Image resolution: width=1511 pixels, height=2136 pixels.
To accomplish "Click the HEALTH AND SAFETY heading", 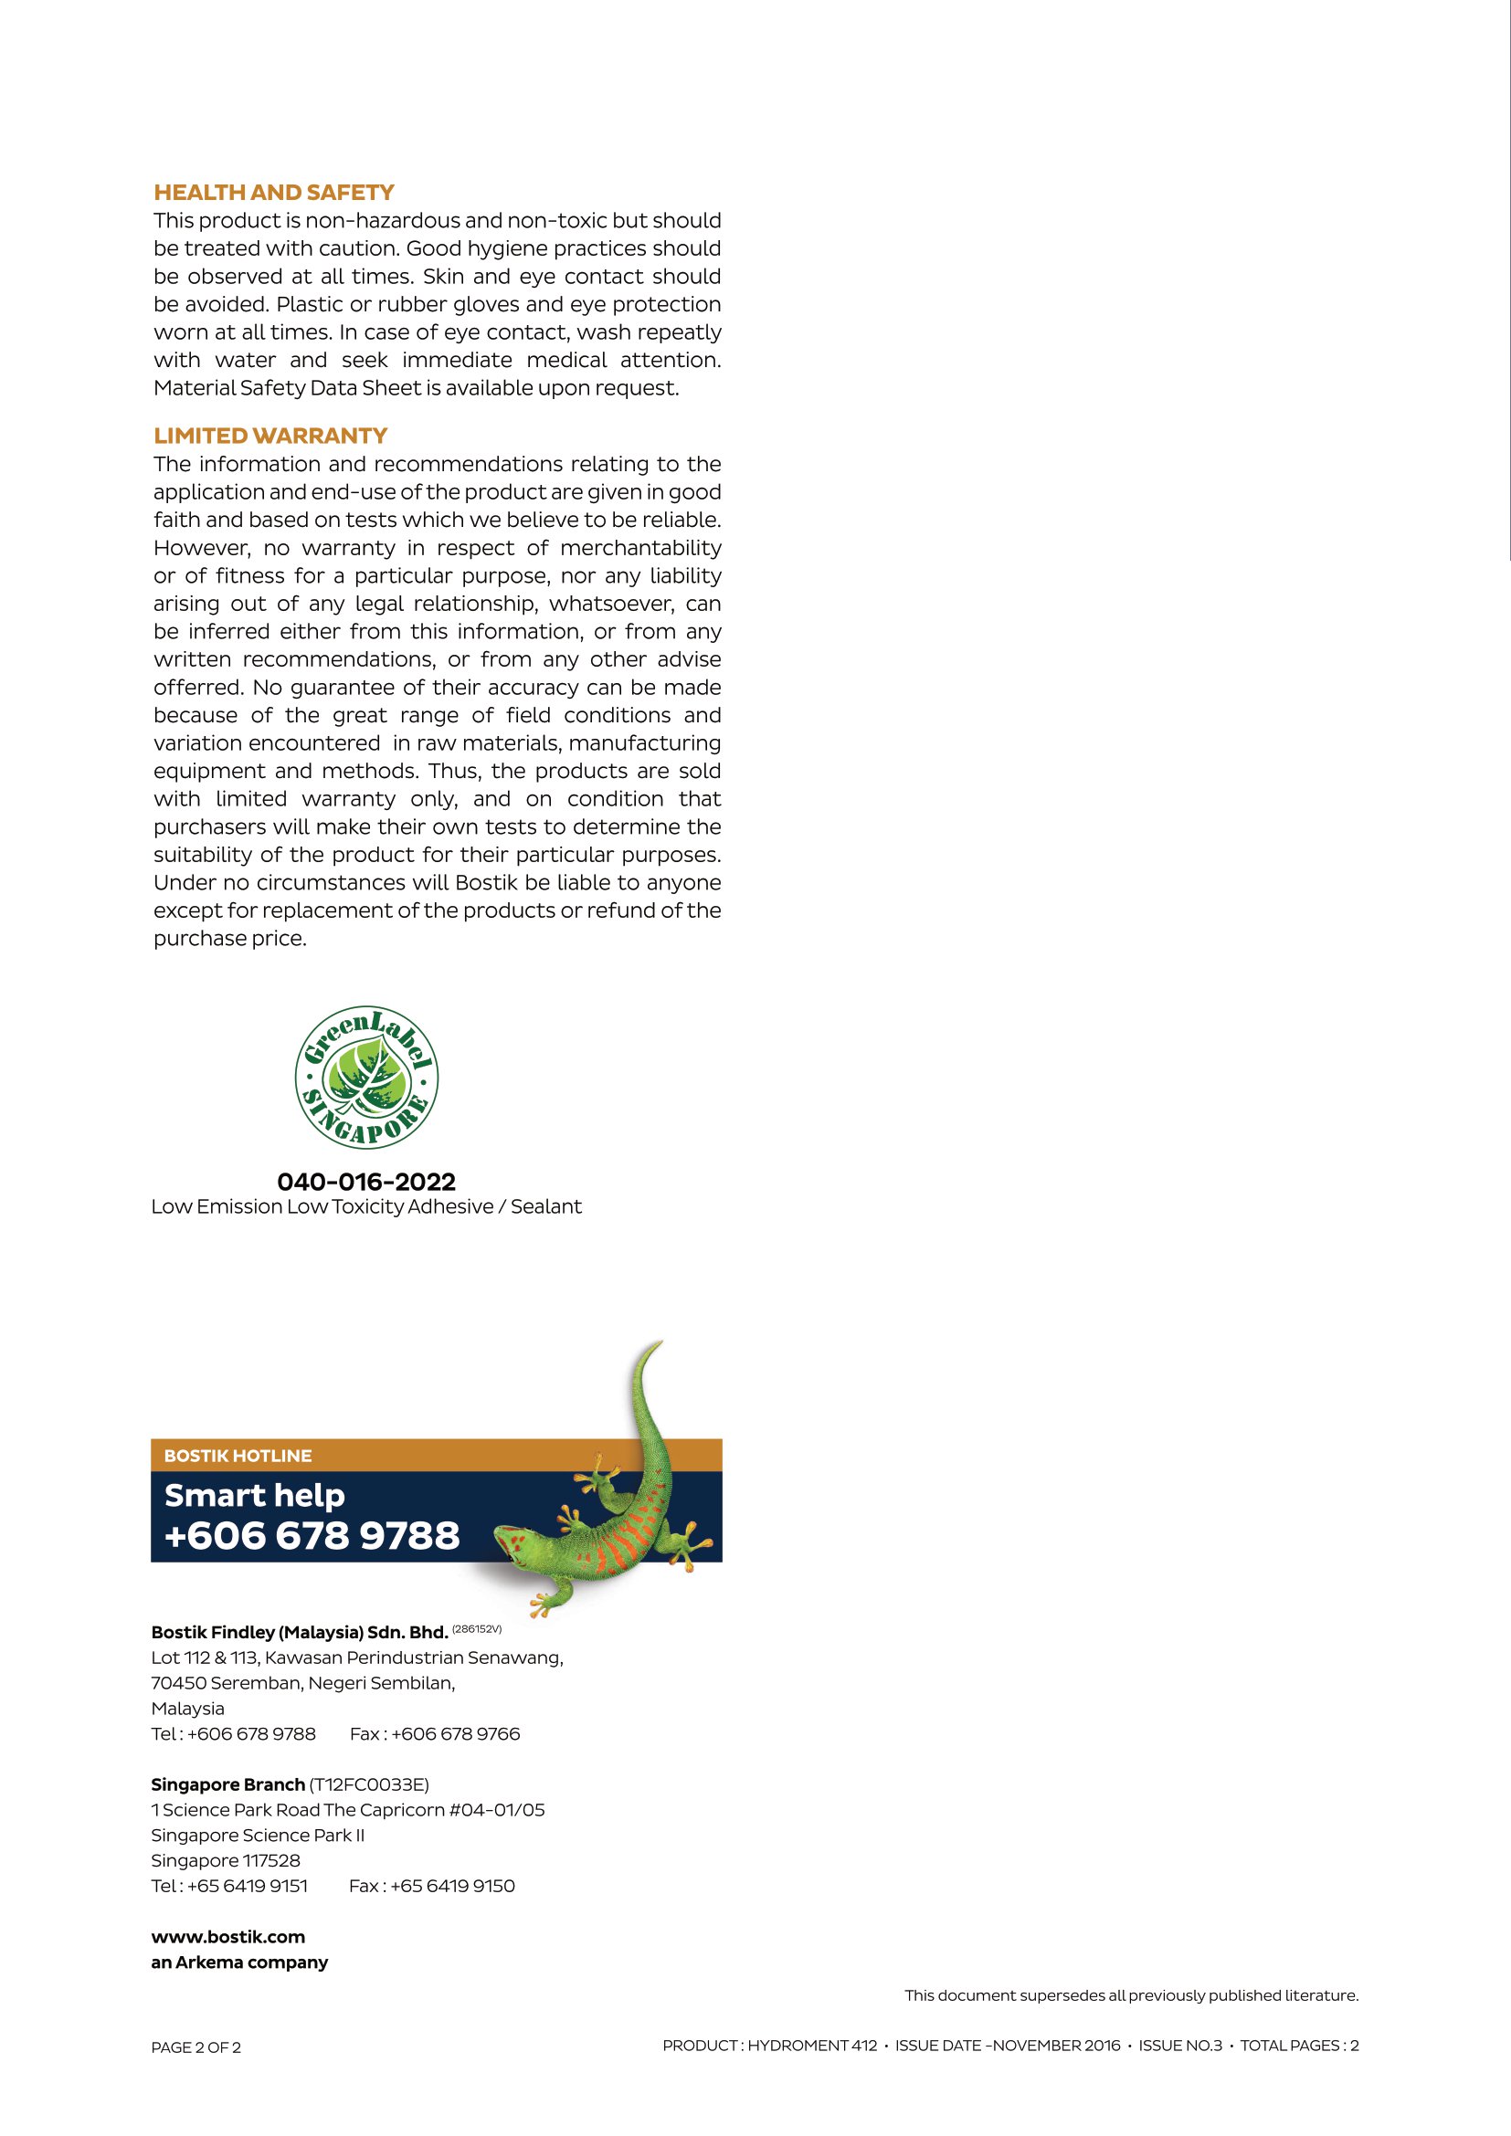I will [x=273, y=193].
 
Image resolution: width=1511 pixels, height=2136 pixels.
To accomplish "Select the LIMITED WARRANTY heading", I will [x=269, y=436].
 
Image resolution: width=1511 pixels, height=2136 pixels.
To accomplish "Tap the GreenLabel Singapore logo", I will [x=366, y=1077].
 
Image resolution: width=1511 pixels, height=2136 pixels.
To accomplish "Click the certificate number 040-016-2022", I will [x=366, y=1182].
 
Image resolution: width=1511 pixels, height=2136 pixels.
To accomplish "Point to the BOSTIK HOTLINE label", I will [x=238, y=1456].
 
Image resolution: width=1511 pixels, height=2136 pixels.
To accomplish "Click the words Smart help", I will [x=255, y=1495].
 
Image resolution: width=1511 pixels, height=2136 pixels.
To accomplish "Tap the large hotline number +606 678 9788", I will [x=312, y=1536].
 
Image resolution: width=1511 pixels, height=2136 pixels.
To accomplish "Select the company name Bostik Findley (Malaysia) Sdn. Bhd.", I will [x=300, y=1632].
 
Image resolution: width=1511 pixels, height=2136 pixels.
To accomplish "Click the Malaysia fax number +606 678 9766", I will [x=455, y=1733].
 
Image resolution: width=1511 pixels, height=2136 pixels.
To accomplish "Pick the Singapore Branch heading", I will [x=228, y=1784].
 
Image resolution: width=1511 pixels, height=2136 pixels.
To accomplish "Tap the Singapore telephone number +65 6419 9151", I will [x=248, y=1886].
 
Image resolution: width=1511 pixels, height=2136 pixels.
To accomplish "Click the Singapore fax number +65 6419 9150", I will [x=452, y=1886].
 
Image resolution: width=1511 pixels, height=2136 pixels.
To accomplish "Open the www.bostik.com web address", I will [x=228, y=1937].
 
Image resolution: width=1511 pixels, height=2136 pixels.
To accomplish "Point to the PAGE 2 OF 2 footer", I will [x=196, y=2047].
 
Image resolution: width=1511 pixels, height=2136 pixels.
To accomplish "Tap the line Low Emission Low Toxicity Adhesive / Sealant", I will [x=366, y=1206].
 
